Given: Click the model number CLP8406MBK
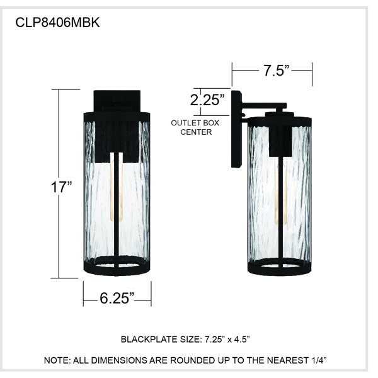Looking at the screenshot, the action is pyautogui.click(x=57, y=23).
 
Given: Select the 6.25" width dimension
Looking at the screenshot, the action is pyautogui.click(x=117, y=298).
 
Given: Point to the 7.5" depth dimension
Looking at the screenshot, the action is pyautogui.click(x=276, y=71).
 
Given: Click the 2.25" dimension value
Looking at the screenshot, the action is pyautogui.click(x=207, y=100).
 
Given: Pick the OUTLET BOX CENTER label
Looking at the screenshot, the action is pyautogui.click(x=195, y=127).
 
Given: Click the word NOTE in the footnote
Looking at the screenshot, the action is pyautogui.click(x=57, y=360).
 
